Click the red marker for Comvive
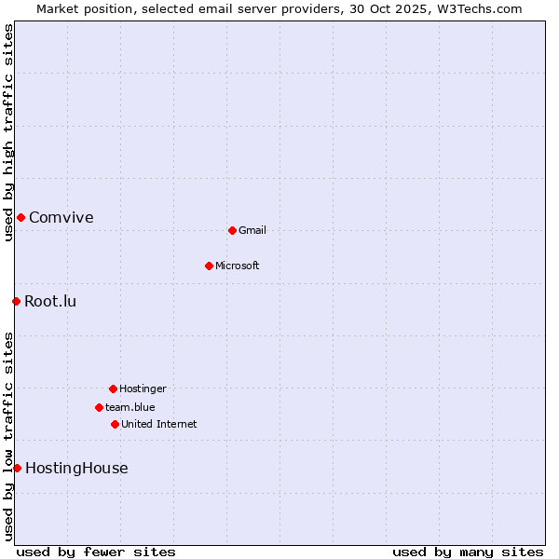[20, 217]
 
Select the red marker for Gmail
[232, 230]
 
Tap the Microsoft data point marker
[209, 266]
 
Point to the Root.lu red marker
[16, 301]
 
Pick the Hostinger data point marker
[113, 389]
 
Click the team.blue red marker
[99, 407]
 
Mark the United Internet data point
[115, 424]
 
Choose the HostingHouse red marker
[17, 468]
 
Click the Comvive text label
[61, 218]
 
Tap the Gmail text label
[252, 230]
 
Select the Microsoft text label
[238, 266]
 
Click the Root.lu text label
[50, 301]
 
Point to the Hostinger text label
[143, 389]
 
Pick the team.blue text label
[130, 407]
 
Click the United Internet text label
[159, 424]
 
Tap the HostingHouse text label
[76, 469]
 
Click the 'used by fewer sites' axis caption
[96, 552]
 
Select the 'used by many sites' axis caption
[468, 552]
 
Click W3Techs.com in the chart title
[479, 8]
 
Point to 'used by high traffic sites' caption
[8, 132]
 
